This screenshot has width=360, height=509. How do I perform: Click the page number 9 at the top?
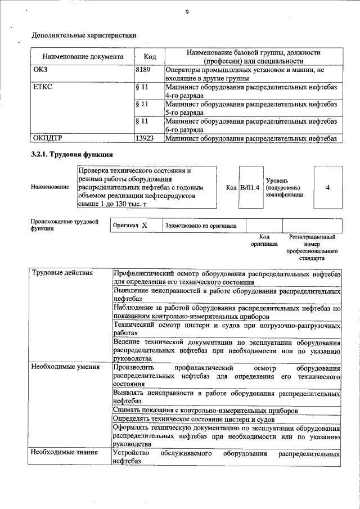[x=186, y=12]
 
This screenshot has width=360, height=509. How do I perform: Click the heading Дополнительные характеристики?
[x=84, y=35]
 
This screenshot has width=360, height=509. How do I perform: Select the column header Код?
[x=150, y=57]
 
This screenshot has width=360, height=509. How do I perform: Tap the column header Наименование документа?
[x=83, y=57]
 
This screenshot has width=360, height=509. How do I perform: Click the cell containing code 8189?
[x=145, y=70]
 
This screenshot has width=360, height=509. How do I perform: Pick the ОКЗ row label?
[x=40, y=70]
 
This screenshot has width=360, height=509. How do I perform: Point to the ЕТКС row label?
[x=43, y=88]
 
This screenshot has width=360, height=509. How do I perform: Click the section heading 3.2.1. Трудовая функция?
[x=72, y=154]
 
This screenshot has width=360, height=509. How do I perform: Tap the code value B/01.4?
[x=249, y=187]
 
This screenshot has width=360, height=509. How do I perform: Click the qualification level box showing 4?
[x=327, y=187]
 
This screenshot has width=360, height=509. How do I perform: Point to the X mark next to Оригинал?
[x=145, y=226]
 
